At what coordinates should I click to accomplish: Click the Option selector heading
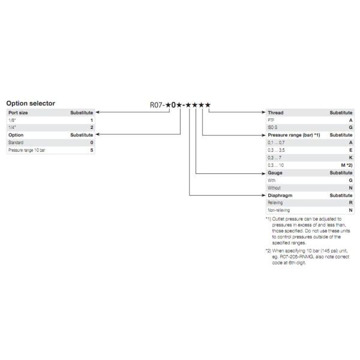pos(31,103)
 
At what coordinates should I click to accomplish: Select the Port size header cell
pos(18,112)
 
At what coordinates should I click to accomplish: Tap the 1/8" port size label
pos(11,120)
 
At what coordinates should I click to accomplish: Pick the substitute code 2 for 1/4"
pos(92,128)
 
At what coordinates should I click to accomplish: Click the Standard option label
pos(16,143)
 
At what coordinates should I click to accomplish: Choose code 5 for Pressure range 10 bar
pos(92,151)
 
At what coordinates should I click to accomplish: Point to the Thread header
pos(275,112)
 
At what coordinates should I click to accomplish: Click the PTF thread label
pos(271,120)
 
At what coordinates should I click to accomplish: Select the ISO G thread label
pos(272,128)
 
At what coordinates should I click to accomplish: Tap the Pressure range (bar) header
pos(293,136)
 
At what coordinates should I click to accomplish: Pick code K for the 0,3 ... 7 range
pos(350,158)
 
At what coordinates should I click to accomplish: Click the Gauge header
pos(275,173)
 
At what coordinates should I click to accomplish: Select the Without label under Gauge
pos(274,188)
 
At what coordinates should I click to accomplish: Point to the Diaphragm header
pos(280,196)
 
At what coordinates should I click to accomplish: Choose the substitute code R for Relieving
pos(350,203)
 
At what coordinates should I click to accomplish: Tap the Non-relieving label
pos(278,211)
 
